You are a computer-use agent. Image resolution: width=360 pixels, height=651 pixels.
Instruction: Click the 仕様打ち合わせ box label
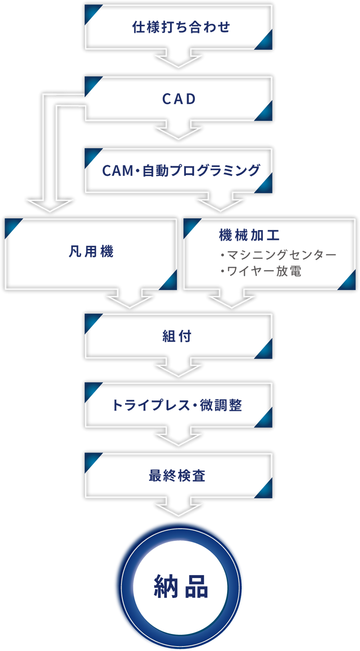[x=181, y=27]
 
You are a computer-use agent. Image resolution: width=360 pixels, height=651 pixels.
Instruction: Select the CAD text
[x=179, y=99]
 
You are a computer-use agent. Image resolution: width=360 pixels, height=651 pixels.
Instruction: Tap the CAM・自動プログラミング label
[x=181, y=171]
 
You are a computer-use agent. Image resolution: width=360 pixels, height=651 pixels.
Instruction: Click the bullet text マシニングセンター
[x=282, y=255]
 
